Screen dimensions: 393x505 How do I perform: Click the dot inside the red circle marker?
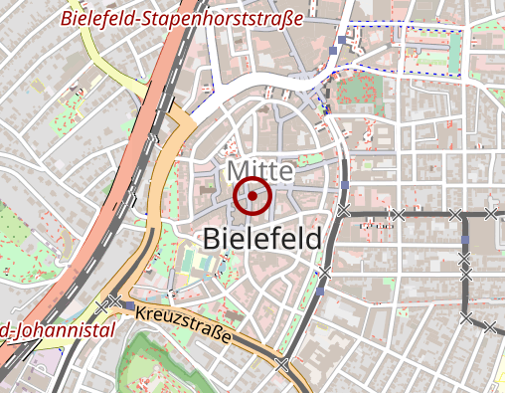(x=252, y=196)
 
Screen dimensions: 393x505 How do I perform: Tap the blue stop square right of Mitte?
(x=345, y=185)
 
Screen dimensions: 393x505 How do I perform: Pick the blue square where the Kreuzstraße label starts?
(x=130, y=305)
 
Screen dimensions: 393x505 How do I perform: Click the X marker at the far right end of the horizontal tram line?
(x=491, y=213)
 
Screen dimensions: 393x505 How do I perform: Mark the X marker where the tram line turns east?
(x=343, y=211)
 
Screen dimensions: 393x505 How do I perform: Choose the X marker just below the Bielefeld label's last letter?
(x=323, y=272)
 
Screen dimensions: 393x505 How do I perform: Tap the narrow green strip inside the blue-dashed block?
(x=454, y=55)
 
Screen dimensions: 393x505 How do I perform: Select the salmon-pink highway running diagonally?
(x=99, y=219)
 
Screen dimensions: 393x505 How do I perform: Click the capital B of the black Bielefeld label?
(x=212, y=239)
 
